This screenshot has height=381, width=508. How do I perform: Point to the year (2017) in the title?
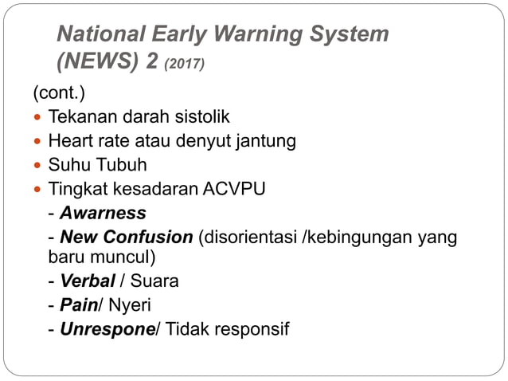tap(185, 64)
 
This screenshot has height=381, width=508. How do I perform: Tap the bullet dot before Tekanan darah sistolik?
tap(38, 118)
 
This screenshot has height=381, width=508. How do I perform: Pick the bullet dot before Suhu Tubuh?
tap(38, 166)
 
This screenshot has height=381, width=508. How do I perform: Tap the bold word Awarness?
tap(103, 214)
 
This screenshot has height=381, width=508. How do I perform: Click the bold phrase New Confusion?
tap(127, 238)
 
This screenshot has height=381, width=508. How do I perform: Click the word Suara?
tap(154, 281)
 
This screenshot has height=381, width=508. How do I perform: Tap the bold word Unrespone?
tap(107, 328)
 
